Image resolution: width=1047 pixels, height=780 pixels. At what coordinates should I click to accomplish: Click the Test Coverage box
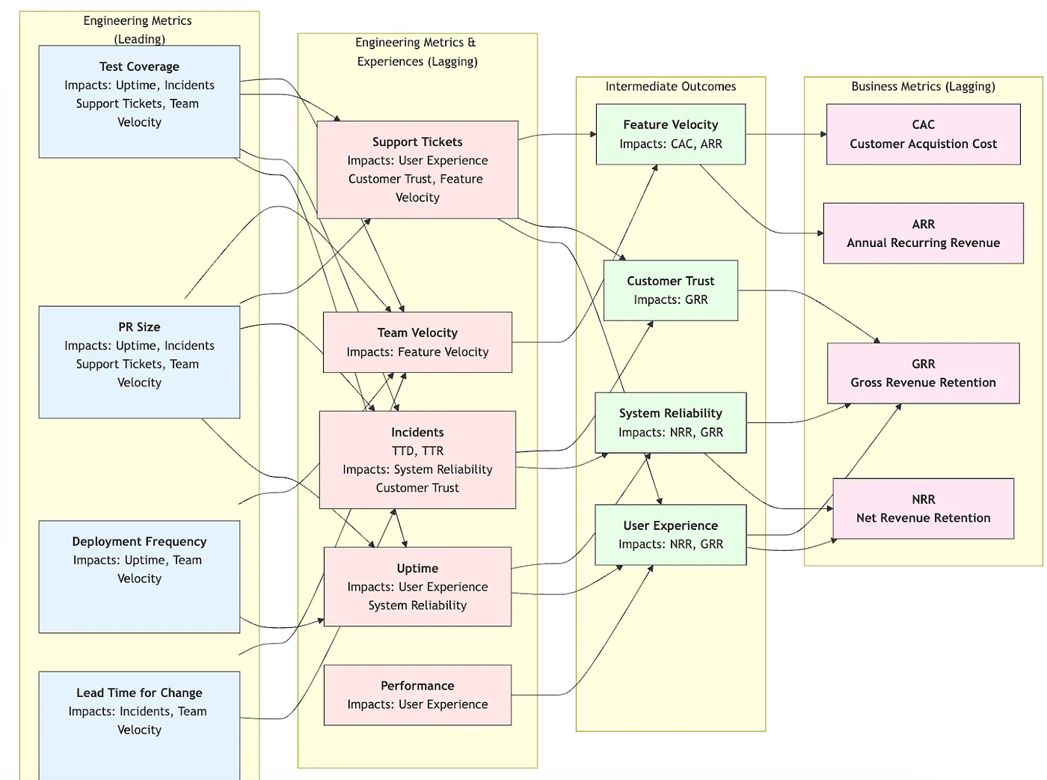(x=139, y=101)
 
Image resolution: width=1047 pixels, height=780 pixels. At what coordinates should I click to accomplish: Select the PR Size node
(x=139, y=362)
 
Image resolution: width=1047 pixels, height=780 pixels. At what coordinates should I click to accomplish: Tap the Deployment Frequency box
(x=139, y=576)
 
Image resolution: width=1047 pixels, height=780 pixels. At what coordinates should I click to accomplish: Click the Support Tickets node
(x=417, y=169)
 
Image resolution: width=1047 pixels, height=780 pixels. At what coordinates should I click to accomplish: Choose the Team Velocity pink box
(x=417, y=342)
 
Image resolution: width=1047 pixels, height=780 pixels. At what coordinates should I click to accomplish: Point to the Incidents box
(x=417, y=460)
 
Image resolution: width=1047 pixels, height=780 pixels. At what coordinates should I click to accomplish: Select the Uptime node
(x=417, y=586)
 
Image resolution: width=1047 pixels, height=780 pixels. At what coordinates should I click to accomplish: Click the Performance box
(x=417, y=695)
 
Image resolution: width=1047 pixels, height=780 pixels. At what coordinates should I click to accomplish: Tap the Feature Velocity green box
(x=670, y=134)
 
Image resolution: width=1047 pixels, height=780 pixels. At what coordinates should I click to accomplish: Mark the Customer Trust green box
(x=670, y=290)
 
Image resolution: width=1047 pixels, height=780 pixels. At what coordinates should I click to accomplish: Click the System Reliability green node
(x=670, y=422)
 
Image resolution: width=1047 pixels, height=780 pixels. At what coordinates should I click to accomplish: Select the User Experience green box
(x=670, y=534)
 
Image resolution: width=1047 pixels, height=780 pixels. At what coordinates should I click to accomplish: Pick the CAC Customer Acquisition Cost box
(x=923, y=134)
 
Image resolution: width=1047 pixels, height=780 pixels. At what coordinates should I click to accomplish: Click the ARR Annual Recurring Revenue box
(x=923, y=233)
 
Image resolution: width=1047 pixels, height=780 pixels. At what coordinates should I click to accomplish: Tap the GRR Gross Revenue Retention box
(x=923, y=373)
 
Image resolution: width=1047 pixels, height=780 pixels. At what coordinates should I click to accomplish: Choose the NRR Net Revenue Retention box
(x=923, y=508)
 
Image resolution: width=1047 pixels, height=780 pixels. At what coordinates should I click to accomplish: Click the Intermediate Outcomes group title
(x=670, y=87)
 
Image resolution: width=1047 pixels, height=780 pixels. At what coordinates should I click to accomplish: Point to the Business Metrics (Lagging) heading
(x=923, y=87)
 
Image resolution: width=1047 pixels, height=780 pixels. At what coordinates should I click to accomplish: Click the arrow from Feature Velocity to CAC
(x=785, y=135)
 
